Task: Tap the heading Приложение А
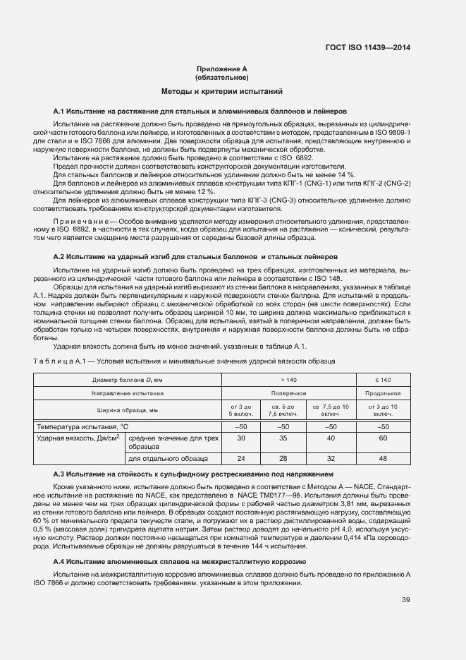coord(221,69)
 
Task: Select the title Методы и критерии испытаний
coord(221,92)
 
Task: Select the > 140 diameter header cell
coord(289,380)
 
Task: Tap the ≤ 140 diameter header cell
coord(384,380)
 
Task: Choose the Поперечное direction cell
coord(289,393)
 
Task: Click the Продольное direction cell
coord(384,393)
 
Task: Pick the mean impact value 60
coord(384,439)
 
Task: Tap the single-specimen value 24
coord(240,459)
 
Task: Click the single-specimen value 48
coord(384,459)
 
